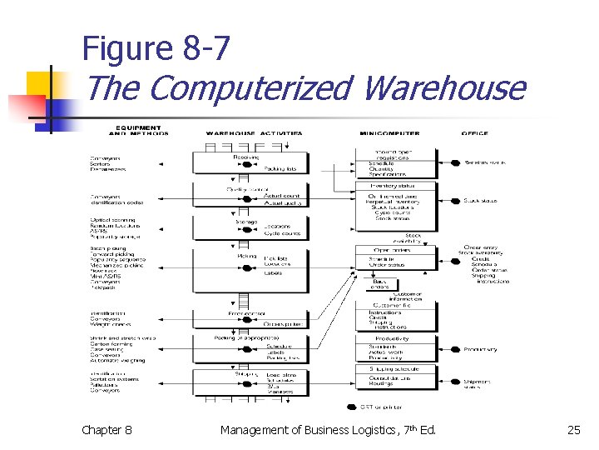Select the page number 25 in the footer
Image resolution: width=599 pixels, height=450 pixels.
[x=573, y=430]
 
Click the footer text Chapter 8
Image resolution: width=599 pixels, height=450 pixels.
[x=106, y=430]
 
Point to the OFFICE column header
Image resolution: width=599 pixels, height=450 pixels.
[x=475, y=132]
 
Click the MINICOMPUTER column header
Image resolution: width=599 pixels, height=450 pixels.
[x=389, y=132]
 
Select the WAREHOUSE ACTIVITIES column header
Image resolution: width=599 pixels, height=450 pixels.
[x=254, y=132]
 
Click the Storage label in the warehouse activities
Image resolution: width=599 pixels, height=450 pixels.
[x=246, y=222]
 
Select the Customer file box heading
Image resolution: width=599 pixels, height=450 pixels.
[x=390, y=306]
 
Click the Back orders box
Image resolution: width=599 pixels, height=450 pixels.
[x=379, y=284]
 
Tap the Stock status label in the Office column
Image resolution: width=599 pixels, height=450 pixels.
[x=481, y=201]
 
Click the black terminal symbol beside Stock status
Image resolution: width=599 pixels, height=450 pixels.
[x=455, y=201]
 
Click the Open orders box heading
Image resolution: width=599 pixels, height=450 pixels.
[x=391, y=249]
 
